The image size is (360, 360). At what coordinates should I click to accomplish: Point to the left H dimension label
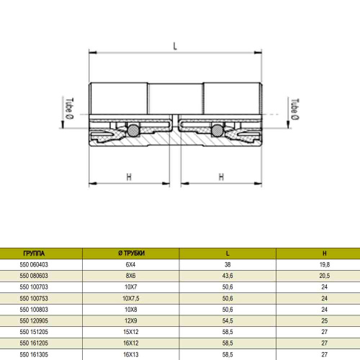[x=129, y=176]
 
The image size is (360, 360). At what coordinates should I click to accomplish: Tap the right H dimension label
[x=221, y=176]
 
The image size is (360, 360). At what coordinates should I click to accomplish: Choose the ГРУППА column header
[x=34, y=253]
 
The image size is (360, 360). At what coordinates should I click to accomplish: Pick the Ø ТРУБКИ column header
[x=130, y=253]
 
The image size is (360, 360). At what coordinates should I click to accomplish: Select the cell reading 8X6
[x=130, y=275]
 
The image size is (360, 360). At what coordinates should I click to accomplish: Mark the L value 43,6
[x=228, y=275]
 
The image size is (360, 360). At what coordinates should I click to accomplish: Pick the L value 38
[x=228, y=264]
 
